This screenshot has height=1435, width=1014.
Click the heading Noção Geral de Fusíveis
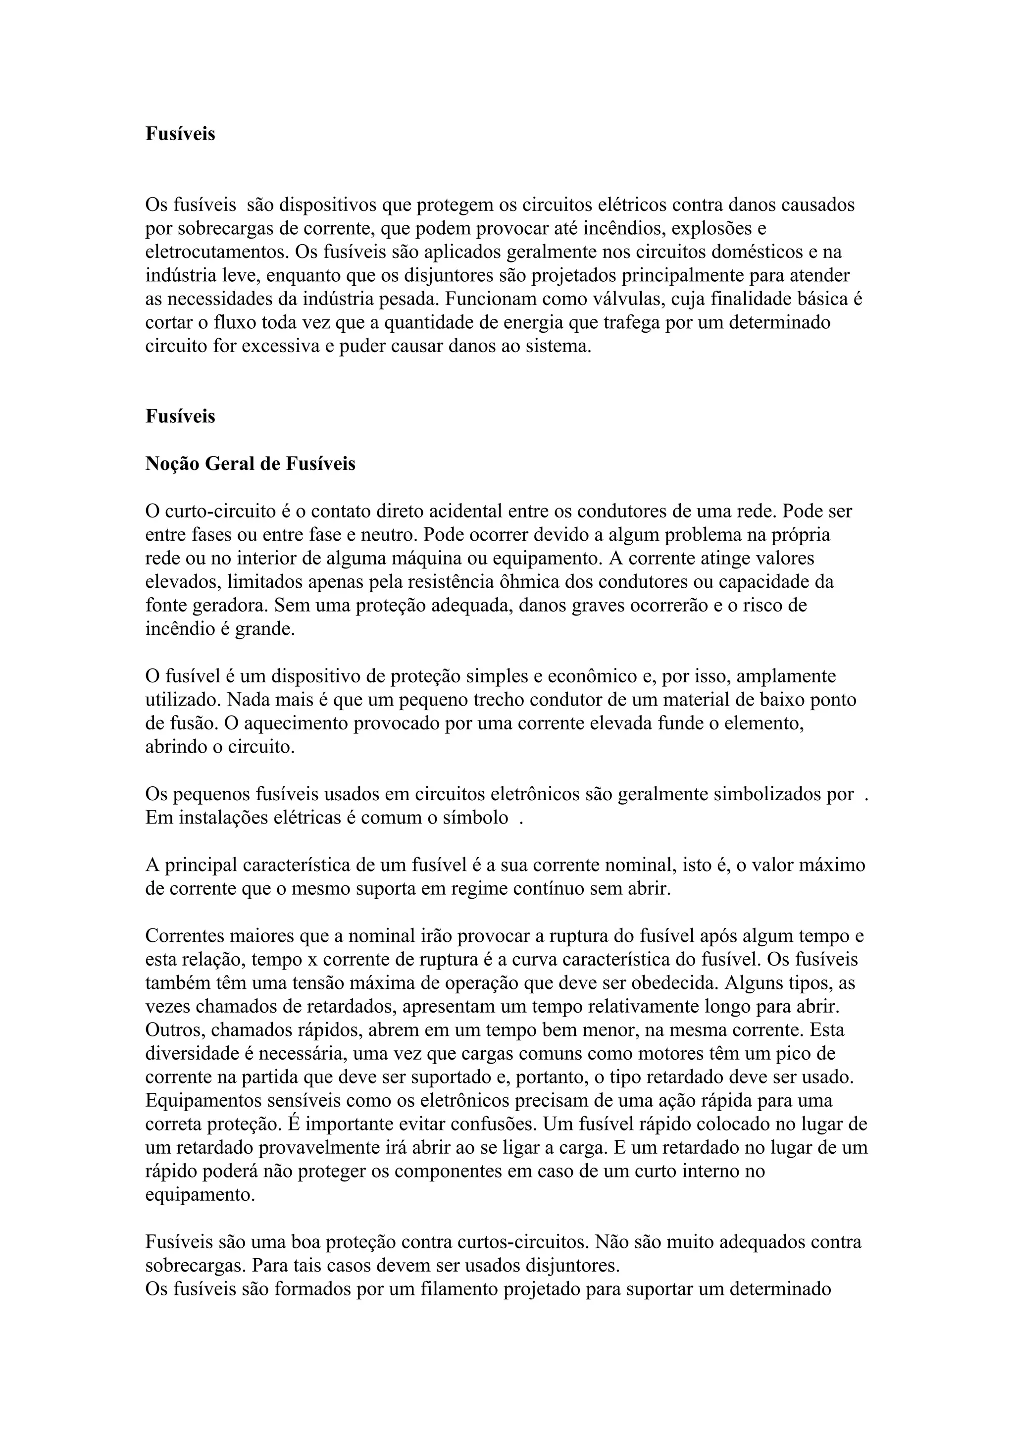point(250,464)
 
